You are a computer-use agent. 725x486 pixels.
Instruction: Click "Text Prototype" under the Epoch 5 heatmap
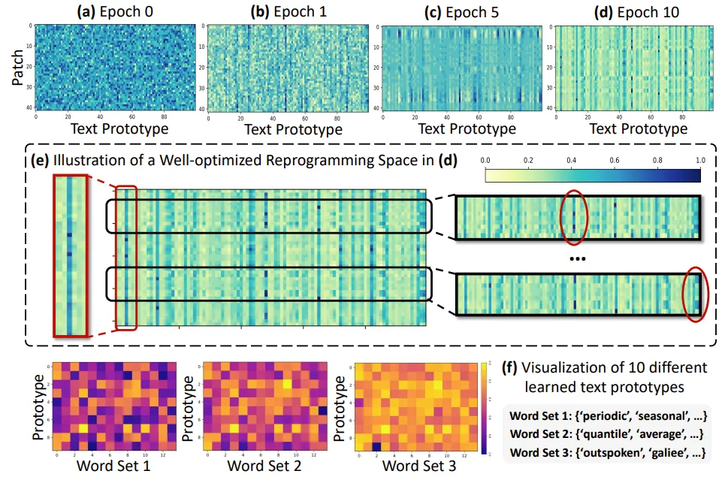click(467, 129)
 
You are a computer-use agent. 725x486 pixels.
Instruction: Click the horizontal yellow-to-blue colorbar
click(593, 176)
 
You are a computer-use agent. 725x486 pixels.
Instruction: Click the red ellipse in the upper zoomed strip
click(573, 219)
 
